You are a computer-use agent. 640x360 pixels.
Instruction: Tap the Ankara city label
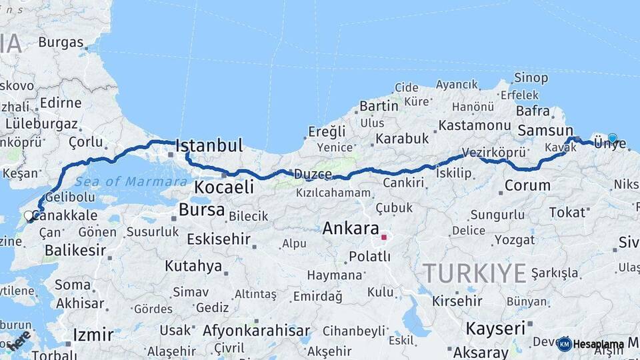pyautogui.click(x=351, y=229)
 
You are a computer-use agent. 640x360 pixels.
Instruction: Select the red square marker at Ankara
pyautogui.click(x=384, y=237)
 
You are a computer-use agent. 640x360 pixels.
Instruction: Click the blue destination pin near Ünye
pyautogui.click(x=612, y=139)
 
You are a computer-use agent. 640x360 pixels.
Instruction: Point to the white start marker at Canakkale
pyautogui.click(x=29, y=215)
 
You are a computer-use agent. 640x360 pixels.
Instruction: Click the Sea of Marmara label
pyautogui.click(x=131, y=181)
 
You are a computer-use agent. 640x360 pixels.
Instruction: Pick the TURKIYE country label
pyautogui.click(x=475, y=273)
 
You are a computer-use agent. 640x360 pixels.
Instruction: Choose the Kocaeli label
pyautogui.click(x=224, y=187)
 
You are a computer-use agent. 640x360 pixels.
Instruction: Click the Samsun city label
pyautogui.click(x=545, y=131)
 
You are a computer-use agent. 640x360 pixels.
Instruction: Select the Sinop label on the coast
pyautogui.click(x=531, y=78)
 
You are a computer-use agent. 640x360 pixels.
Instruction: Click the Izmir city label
pyautogui.click(x=93, y=334)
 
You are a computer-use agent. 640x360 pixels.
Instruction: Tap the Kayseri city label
pyautogui.click(x=495, y=328)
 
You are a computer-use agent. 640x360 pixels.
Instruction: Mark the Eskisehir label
pyautogui.click(x=219, y=239)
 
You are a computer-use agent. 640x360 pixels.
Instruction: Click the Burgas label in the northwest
pyautogui.click(x=61, y=42)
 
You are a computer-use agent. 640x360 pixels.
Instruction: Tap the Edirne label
pyautogui.click(x=61, y=103)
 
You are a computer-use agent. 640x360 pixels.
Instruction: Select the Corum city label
pyautogui.click(x=527, y=185)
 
